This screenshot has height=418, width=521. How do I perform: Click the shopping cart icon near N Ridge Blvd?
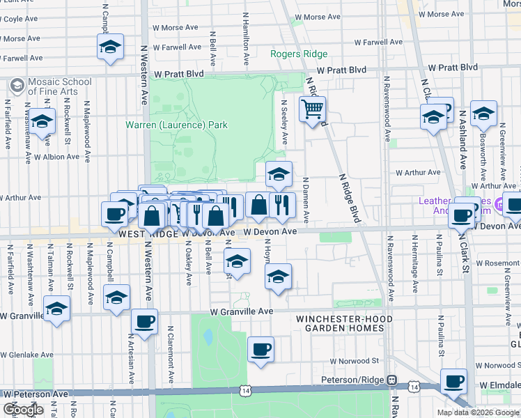click(313, 109)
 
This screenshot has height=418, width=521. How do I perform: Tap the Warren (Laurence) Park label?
click(176, 125)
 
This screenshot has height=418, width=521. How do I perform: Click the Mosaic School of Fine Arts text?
click(59, 86)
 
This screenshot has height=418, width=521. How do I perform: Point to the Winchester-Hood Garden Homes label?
click(344, 324)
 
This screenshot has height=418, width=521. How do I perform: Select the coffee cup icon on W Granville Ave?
click(144, 322)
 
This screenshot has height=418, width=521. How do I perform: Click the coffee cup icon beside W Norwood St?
click(260, 349)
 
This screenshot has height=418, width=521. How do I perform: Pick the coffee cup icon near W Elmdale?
click(453, 381)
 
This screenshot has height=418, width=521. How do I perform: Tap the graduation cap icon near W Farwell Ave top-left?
click(110, 47)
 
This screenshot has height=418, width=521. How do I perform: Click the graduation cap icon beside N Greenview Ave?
click(483, 114)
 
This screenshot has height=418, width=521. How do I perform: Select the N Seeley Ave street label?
click(284, 123)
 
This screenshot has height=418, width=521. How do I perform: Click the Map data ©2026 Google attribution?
click(477, 412)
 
